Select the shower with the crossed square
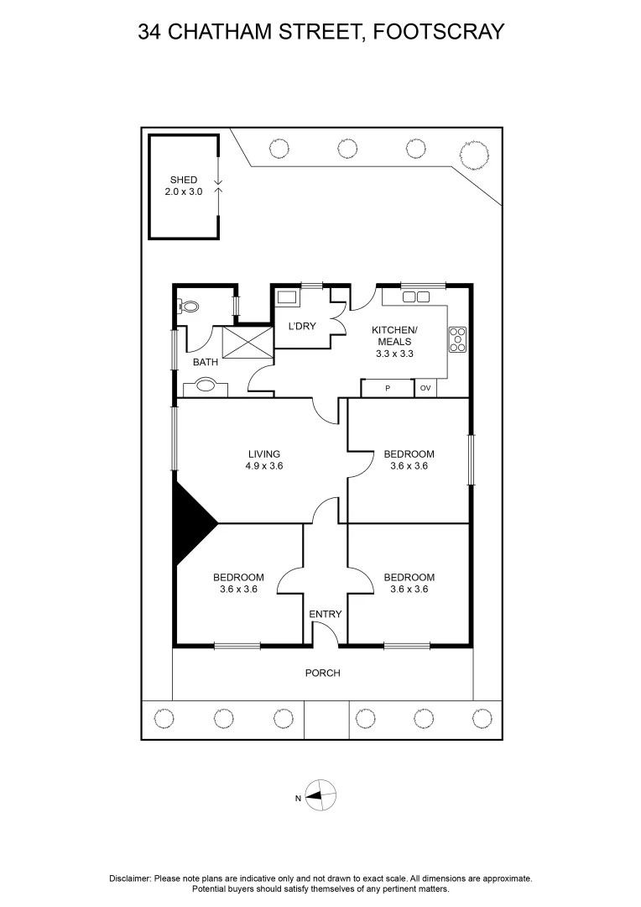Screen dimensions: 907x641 click(x=248, y=345)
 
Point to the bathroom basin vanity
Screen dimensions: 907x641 click(x=206, y=387)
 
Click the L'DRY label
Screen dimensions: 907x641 click(x=302, y=326)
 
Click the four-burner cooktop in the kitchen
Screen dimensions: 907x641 click(x=458, y=338)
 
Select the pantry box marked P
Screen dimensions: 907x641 click(x=388, y=388)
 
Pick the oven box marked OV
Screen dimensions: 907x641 click(x=425, y=388)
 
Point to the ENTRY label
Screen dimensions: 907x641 click(x=326, y=614)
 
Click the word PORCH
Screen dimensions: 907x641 click(x=323, y=673)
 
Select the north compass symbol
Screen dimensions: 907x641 click(x=320, y=794)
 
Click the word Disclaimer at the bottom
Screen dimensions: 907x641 click(x=130, y=878)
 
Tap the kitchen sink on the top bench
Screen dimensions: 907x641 click(x=416, y=296)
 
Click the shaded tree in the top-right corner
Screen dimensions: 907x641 click(x=474, y=154)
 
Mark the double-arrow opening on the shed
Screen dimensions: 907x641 click(x=218, y=186)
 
